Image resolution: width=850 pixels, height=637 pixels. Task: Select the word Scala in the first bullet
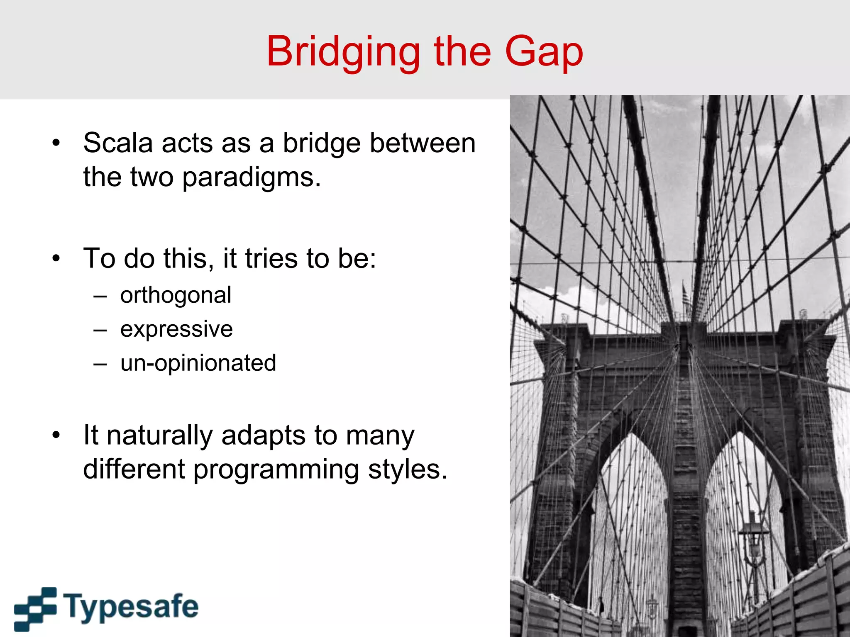(118, 143)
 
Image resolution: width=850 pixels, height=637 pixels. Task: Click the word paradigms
(252, 177)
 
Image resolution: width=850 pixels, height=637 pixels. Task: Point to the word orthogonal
(176, 296)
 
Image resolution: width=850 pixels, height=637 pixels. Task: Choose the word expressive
(176, 330)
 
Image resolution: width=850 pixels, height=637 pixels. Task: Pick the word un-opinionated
(198, 363)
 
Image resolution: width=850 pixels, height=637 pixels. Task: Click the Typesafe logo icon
(35, 608)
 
